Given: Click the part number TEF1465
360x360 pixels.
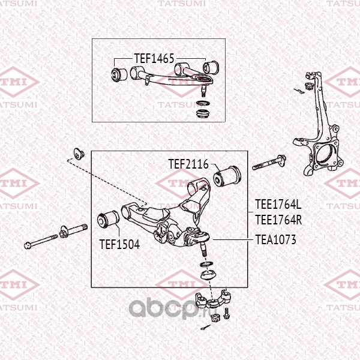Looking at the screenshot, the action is click(154, 59).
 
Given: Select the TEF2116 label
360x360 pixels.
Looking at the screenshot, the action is click(188, 164).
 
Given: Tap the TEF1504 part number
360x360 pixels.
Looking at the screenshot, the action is click(119, 244).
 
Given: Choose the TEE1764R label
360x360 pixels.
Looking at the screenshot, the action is click(278, 220).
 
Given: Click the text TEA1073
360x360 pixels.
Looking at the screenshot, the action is click(276, 239).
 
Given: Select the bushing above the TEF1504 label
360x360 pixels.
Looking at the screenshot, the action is click(109, 219).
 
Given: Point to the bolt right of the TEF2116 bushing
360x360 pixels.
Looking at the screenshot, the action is click(268, 163).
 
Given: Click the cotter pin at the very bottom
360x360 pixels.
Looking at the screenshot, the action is click(206, 328).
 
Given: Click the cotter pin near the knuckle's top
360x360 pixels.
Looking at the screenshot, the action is click(300, 91).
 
